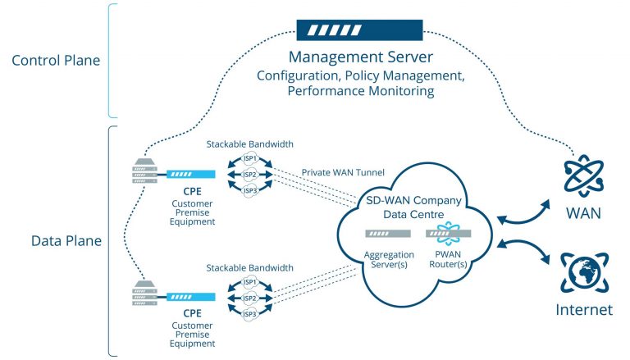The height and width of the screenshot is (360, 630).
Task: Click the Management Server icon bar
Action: (359, 31)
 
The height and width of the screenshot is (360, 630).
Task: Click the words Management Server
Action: (359, 58)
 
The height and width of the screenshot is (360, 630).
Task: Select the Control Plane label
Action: (54, 60)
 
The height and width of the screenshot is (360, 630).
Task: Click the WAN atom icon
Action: (584, 175)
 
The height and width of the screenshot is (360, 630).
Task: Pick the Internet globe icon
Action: (584, 272)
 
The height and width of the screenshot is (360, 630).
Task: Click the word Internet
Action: (584, 310)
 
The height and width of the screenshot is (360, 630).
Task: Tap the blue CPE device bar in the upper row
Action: (190, 174)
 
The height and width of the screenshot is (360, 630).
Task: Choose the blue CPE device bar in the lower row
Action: (190, 297)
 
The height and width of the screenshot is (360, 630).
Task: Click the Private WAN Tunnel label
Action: (336, 173)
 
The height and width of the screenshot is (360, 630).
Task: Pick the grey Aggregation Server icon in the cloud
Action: (388, 234)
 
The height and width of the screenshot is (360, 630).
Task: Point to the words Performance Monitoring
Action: (359, 91)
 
